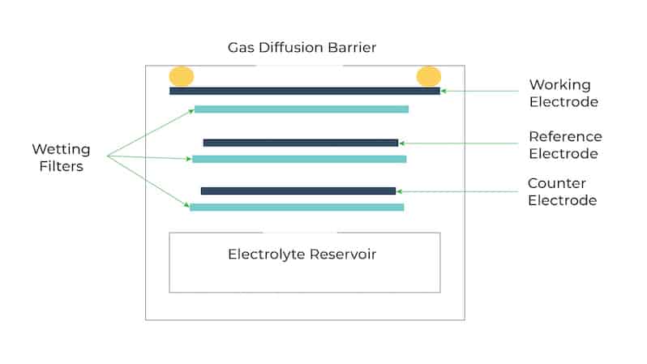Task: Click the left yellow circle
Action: point(182,76)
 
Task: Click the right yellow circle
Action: point(429,76)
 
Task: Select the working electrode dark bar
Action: point(305,91)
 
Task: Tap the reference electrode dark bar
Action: point(301,143)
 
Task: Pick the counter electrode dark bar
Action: point(298,191)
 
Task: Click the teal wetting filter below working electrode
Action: point(302,109)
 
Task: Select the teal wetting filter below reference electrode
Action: point(299,159)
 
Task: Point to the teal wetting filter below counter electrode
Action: point(297,208)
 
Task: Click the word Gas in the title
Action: point(241,48)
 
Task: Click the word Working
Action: point(560,85)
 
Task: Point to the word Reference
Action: point(565,137)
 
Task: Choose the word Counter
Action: point(557,183)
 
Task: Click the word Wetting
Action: point(61,149)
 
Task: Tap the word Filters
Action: point(61,166)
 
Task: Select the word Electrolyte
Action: point(266,255)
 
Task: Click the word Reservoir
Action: point(342,255)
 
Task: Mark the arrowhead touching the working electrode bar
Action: point(443,91)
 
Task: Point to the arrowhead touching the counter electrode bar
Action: point(399,191)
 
